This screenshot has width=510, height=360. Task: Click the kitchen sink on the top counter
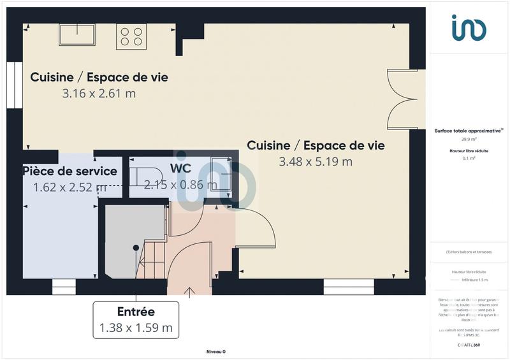(77, 34)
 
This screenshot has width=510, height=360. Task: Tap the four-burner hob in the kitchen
(131, 36)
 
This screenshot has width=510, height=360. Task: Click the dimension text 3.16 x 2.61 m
(99, 94)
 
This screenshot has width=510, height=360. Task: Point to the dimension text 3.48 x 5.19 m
(316, 162)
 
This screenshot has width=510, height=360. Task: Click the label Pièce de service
(69, 171)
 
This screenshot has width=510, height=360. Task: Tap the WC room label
(180, 169)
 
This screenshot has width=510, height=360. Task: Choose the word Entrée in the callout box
(136, 312)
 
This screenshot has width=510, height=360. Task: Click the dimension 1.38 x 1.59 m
(136, 328)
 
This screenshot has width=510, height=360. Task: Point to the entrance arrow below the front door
(189, 292)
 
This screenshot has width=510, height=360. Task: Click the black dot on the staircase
(136, 247)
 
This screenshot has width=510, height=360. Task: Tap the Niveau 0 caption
(216, 352)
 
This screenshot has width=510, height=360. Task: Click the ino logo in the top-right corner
(469, 28)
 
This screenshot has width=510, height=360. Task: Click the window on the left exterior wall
(10, 87)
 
